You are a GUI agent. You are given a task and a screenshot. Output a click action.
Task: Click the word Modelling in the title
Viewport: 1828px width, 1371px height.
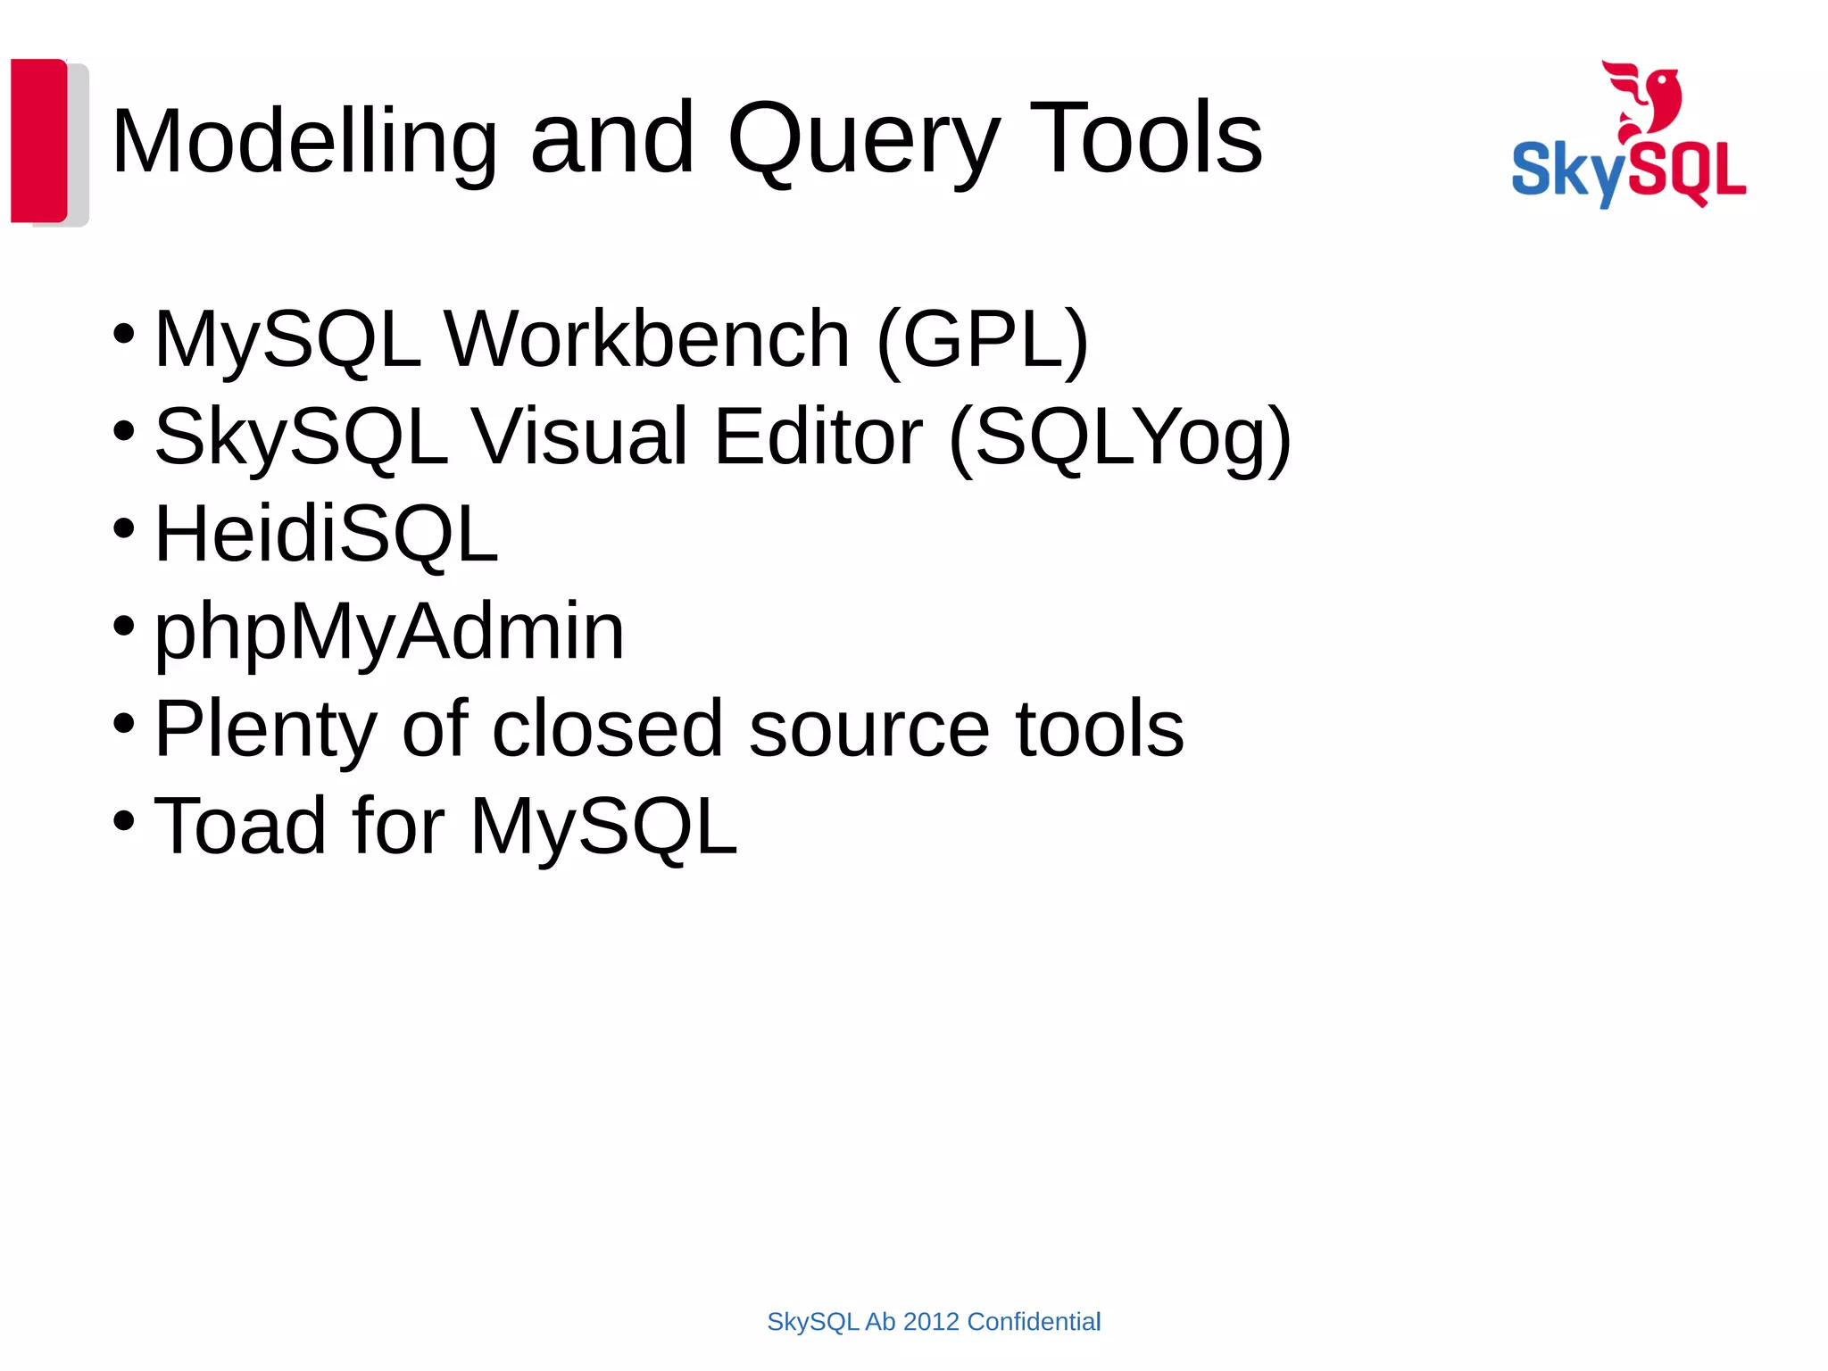(x=303, y=141)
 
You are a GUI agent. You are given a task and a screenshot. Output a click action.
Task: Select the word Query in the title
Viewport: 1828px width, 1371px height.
(x=862, y=141)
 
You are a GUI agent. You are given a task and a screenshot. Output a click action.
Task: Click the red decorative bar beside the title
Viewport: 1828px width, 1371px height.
(x=38, y=140)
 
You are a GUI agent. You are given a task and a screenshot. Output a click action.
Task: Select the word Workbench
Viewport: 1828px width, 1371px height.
(x=646, y=339)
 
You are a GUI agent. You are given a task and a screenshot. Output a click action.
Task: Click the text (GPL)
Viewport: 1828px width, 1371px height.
(x=982, y=339)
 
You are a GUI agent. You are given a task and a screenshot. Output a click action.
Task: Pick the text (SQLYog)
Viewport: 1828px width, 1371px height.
(x=1119, y=436)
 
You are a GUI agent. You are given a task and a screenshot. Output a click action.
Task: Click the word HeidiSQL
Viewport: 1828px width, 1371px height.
(x=326, y=534)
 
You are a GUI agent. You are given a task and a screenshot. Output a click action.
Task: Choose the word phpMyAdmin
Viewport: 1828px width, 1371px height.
(x=389, y=632)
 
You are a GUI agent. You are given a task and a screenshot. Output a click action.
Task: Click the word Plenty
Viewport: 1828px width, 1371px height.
(x=265, y=729)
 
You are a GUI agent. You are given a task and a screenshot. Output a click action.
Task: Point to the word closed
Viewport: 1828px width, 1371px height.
(x=607, y=729)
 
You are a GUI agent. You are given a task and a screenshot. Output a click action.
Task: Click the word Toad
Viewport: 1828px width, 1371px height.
(x=240, y=827)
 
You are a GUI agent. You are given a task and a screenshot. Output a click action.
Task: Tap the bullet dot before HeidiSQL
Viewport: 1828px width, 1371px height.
(x=124, y=528)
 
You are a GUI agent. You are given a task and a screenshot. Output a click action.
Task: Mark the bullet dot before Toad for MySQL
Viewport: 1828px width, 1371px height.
(x=124, y=820)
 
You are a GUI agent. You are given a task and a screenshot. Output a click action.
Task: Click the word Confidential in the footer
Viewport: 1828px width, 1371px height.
(x=1034, y=1322)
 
